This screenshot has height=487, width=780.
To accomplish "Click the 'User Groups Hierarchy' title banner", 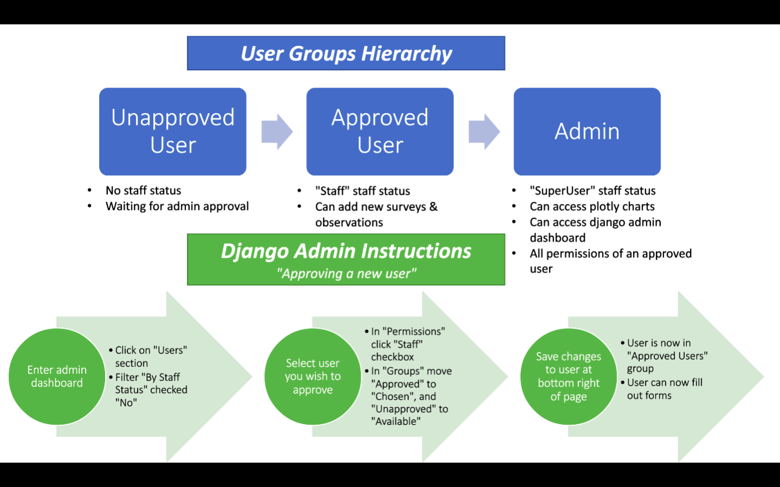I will [x=346, y=54].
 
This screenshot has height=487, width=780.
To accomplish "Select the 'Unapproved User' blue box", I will [x=173, y=131].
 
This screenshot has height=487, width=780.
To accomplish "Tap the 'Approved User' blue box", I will [x=380, y=131].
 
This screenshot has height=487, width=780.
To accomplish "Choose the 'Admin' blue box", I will [x=587, y=131].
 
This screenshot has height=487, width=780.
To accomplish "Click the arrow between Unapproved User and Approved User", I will [x=277, y=131].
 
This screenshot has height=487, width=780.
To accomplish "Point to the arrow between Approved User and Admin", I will [x=484, y=131].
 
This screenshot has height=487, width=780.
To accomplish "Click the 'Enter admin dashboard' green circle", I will [x=57, y=377].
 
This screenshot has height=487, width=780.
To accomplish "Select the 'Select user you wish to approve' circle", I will [x=313, y=377].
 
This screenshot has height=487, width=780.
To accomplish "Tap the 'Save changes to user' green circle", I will [x=568, y=377].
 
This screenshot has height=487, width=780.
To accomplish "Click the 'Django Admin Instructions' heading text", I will [x=346, y=252].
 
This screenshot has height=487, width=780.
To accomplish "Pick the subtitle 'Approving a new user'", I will [x=346, y=274].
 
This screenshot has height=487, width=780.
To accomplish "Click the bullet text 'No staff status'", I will [x=143, y=190].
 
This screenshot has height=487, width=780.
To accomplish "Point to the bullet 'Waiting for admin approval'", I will [x=177, y=206].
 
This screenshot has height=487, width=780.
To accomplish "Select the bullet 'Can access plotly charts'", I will [x=592, y=207].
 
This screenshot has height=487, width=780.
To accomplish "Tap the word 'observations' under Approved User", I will [x=349, y=222].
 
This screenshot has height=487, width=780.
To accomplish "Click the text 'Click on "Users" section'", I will [x=150, y=357].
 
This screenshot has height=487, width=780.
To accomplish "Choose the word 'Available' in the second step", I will [x=396, y=422].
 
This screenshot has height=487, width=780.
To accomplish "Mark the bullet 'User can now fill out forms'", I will [x=664, y=389].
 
